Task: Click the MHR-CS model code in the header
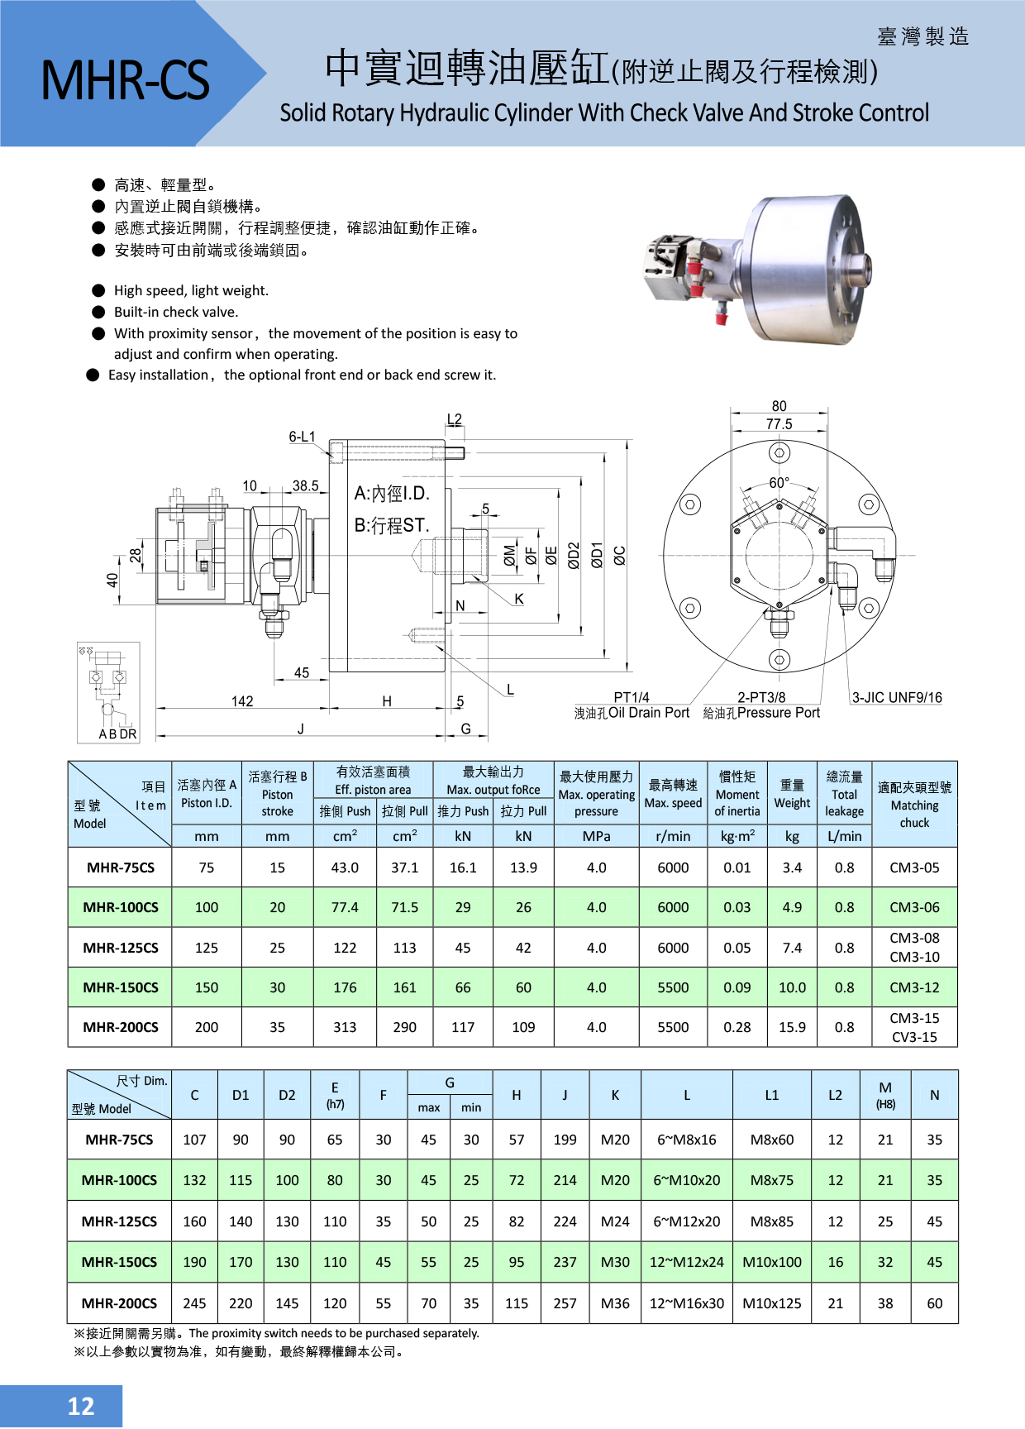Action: tap(125, 80)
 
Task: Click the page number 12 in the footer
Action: tap(80, 1406)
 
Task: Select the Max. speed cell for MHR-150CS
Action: tap(672, 987)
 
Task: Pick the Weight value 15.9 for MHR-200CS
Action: tap(791, 1027)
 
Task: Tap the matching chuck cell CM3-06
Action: tap(913, 907)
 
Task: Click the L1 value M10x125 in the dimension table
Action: tap(771, 1303)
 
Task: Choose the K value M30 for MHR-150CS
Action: tap(614, 1262)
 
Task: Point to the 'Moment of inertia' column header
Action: tap(737, 794)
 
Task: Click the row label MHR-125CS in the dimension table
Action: tap(119, 1221)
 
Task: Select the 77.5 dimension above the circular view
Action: tap(778, 424)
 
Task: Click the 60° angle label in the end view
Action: tap(779, 483)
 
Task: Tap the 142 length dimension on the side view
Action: tap(241, 701)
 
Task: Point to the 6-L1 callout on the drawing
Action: tap(302, 437)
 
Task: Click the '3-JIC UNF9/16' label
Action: tap(896, 697)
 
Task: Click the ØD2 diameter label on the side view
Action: tap(574, 556)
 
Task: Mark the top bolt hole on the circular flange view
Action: tap(779, 453)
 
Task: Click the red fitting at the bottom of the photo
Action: tap(721, 313)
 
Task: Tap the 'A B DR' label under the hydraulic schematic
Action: tap(117, 734)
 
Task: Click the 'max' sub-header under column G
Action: tap(428, 1107)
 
